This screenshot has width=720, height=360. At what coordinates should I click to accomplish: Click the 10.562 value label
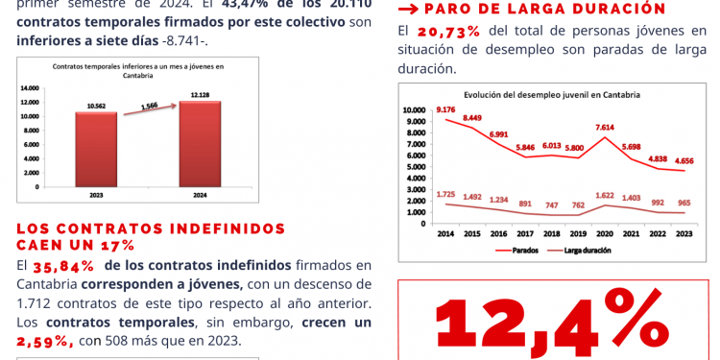point(96,106)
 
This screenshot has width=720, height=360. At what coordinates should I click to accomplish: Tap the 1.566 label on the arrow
point(149,106)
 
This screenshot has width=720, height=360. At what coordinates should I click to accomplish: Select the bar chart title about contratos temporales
point(137,69)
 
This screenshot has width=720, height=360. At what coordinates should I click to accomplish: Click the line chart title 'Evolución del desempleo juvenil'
point(552,94)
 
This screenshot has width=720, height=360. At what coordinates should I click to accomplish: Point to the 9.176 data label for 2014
point(445,109)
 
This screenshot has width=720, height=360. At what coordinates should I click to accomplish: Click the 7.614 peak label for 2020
point(605,127)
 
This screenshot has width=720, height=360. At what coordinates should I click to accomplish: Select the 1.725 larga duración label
point(445,194)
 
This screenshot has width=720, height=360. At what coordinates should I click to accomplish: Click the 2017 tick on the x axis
point(525,233)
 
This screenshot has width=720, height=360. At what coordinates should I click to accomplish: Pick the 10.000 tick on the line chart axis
point(412,110)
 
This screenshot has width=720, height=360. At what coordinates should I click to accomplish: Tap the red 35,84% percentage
point(64,265)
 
